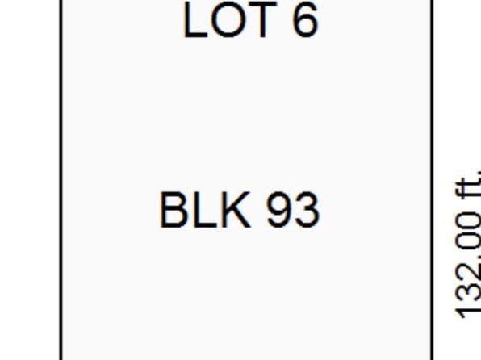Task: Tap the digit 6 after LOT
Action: [x=304, y=19]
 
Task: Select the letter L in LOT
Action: [x=194, y=19]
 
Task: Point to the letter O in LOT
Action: [x=227, y=19]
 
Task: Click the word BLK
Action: [x=205, y=210]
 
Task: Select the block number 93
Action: [x=293, y=210]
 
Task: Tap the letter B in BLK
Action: [x=173, y=210]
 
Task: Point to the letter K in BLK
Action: [x=236, y=210]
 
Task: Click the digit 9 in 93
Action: [x=279, y=210]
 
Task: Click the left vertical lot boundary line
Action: [x=61, y=180]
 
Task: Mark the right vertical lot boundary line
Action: [x=432, y=180]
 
